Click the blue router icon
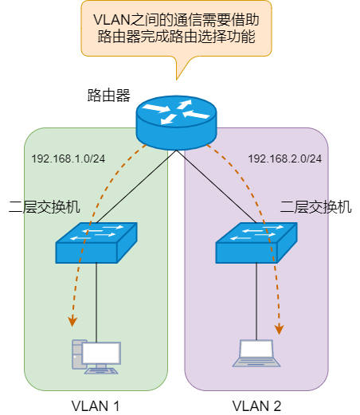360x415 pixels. tap(175, 118)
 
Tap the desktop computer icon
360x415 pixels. tap(96, 357)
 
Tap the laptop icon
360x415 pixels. tap(256, 353)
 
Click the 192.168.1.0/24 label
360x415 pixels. tap(68, 159)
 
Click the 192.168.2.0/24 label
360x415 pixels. tap(285, 159)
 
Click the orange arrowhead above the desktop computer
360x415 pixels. tap(72, 320)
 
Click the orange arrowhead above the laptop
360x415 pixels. tap(280, 327)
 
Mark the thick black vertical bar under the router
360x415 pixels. tap(176, 263)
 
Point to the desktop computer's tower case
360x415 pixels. tap(78, 354)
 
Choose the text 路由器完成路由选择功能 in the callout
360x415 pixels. tap(176, 37)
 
